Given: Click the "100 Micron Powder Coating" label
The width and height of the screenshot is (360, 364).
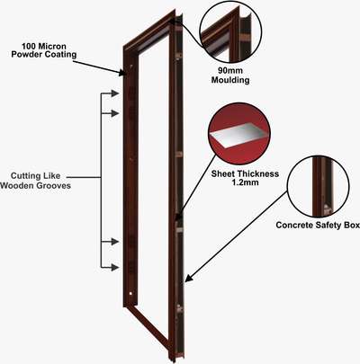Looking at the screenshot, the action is tap(44, 50).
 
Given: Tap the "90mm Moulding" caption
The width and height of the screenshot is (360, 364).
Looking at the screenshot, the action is tap(230, 75).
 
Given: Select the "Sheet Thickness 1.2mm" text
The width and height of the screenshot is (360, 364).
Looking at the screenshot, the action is tap(245, 178).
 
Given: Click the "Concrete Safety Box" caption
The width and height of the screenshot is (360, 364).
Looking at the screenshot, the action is tap(318, 225).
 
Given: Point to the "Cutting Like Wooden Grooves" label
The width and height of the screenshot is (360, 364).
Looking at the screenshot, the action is tap(35, 181).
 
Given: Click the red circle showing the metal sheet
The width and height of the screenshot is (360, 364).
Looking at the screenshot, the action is tap(239, 134).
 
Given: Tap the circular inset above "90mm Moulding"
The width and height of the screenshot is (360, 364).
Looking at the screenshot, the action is tap(230, 32).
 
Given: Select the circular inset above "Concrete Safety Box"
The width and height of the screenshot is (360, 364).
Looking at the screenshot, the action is tap(318, 186).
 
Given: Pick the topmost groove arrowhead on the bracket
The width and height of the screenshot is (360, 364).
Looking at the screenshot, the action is tap(115, 93).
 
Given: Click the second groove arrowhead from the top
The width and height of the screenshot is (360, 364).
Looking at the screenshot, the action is tap(115, 113).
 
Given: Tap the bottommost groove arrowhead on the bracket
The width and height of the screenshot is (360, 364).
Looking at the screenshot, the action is tap(115, 267).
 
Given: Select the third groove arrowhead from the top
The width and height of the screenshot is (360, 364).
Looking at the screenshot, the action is tap(115, 242).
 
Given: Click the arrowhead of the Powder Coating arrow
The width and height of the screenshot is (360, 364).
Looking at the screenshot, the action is tap(122, 73).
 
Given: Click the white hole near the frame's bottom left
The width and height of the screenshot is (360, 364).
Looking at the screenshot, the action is tap(130, 294).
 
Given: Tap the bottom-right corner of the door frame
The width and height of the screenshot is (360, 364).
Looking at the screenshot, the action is tap(173, 359).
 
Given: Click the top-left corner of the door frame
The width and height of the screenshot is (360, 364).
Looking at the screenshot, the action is tap(123, 47).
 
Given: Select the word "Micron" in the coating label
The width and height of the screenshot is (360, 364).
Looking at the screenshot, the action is tap(52, 47).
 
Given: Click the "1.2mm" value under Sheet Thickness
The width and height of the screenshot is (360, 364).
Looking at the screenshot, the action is tap(245, 182).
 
